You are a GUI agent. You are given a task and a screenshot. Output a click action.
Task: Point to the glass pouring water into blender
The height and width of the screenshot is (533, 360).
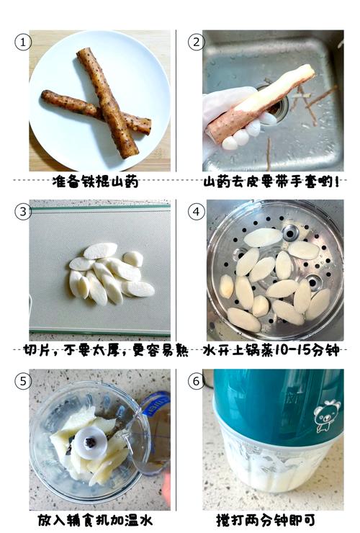151,432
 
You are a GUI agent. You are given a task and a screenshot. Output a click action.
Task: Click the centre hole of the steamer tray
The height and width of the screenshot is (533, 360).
290,233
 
